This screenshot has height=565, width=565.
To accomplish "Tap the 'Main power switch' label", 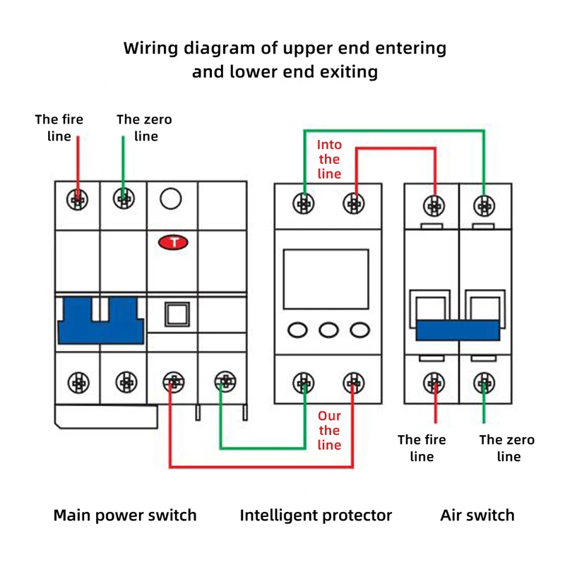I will coord(125,515).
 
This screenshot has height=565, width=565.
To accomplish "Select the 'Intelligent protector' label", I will coord(316,515).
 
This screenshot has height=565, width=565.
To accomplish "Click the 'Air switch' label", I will coord(477,515).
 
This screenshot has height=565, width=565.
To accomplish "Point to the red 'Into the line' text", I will coord(329,160).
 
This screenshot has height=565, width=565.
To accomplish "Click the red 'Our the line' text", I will coord(329,430).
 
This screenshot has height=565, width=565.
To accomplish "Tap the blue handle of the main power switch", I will coord(101,320).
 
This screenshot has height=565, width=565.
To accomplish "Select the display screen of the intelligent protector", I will coord(326,278).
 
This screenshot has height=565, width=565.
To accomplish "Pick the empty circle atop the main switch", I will coord(171,199).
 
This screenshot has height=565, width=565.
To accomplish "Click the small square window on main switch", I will coord(176,314).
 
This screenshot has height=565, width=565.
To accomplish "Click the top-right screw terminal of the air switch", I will coord(484,206).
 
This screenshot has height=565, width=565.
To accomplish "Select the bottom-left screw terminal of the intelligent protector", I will coord(304,383).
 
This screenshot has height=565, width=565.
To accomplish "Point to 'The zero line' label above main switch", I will coord(144,127).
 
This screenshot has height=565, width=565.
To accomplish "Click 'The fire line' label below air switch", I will coord(422,448).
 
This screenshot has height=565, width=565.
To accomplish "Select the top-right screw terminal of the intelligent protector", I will coord(354,204).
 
